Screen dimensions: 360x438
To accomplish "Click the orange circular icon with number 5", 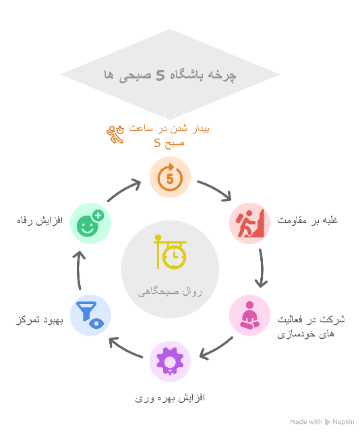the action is coord(170,177).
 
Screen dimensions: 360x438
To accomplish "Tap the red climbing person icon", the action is coord(249,223).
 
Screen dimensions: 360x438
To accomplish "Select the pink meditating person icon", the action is coord(249,315).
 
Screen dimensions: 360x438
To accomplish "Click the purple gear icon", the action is coord(170,361).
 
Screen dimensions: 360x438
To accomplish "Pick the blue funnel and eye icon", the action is coord(90,315).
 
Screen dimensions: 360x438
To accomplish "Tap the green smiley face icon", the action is coord(90,223).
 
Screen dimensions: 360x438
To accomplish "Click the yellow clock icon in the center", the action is coord(170,252).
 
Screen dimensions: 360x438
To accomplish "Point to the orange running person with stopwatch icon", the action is coord(115,135).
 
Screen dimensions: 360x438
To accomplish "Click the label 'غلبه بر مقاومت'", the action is coord(307,220).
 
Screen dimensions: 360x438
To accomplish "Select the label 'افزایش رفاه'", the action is coord(40,220).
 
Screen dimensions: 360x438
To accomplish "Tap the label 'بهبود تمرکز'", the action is coord(39,319).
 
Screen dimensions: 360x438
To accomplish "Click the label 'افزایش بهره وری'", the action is coord(170,398).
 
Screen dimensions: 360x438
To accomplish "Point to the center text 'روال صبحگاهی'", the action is coord(170,292).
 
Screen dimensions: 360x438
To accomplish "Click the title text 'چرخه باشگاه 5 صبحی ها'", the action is coord(170,75).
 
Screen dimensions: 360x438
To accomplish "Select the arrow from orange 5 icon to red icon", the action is coord(215,189).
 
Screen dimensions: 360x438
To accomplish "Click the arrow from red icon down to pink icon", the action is coord(262,268).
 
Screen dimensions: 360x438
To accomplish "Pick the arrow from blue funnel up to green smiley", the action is coord(79,270).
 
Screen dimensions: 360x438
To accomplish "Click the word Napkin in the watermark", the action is coord(343,422).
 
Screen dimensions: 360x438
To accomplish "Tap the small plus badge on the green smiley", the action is coord(98,216).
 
